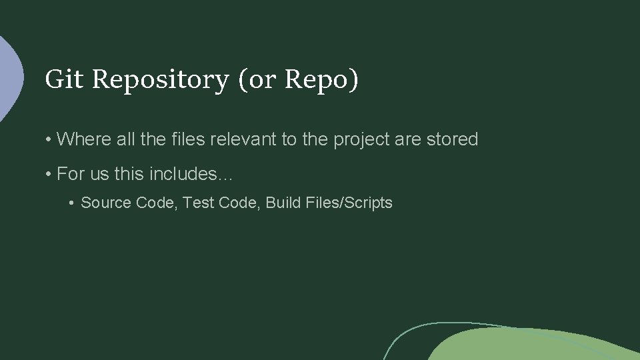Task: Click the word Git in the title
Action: pyautogui.click(x=64, y=79)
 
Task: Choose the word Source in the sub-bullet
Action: pyautogui.click(x=106, y=203)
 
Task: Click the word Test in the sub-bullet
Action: pyautogui.click(x=197, y=203)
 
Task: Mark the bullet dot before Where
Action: pyautogui.click(x=49, y=140)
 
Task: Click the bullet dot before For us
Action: pyautogui.click(x=49, y=175)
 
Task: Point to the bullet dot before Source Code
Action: pyautogui.click(x=73, y=203)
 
